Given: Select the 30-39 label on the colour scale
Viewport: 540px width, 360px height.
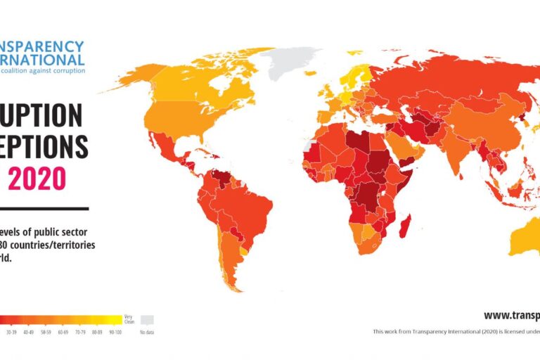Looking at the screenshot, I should click(11, 331).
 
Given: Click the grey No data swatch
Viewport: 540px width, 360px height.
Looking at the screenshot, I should click(147, 319).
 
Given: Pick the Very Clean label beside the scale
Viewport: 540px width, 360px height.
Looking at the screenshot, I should click(129, 319).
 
